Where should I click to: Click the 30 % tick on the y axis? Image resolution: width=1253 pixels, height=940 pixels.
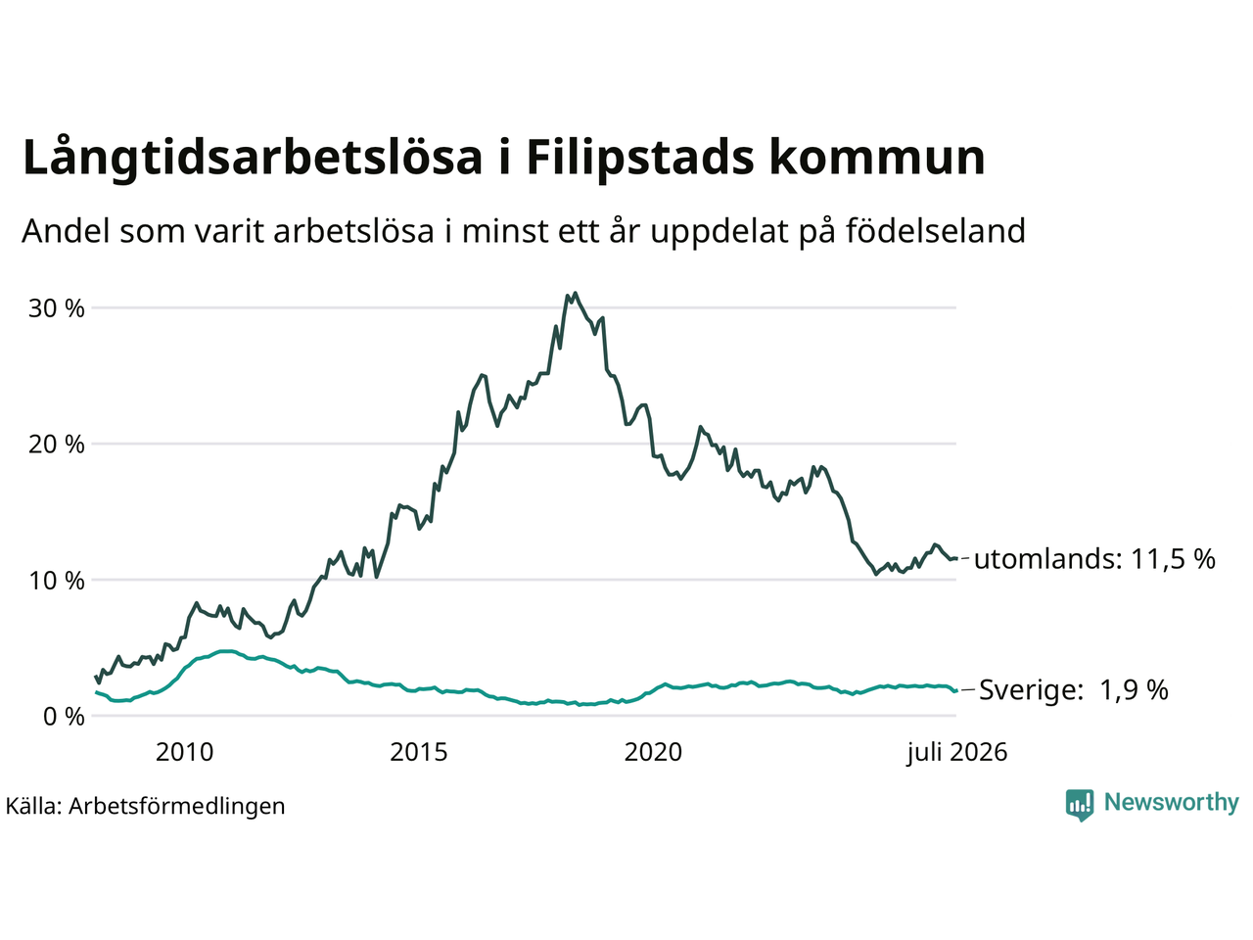[57, 308]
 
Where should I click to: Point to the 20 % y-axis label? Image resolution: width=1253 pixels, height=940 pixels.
[57, 444]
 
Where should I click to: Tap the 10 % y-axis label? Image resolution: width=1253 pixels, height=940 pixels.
[57, 581]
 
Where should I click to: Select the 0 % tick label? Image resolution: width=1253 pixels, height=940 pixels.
[64, 717]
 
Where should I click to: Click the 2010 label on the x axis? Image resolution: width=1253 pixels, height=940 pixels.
[184, 752]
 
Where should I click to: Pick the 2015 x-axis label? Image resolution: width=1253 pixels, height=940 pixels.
[418, 752]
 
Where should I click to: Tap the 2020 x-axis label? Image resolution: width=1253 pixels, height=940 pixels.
[653, 752]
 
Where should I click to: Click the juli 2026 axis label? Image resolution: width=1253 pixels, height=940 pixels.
[957, 753]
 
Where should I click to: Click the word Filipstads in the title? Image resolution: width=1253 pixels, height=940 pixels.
[640, 158]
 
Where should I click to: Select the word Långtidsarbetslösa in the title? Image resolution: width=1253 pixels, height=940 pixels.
[253, 158]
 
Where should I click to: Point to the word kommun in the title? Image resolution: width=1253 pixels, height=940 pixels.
[877, 157]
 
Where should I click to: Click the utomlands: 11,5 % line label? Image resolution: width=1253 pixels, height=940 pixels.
[1094, 559]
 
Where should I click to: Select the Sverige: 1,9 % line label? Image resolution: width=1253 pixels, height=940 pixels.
[1074, 690]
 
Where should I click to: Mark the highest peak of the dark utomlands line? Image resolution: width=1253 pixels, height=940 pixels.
[575, 294]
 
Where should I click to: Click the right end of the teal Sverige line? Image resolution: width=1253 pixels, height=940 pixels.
[956, 691]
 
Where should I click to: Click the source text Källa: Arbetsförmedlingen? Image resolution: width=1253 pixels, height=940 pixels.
[145, 807]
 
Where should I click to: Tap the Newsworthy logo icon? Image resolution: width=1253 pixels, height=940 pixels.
[1080, 805]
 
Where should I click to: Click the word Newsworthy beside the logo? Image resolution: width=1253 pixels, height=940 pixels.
[1172, 803]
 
